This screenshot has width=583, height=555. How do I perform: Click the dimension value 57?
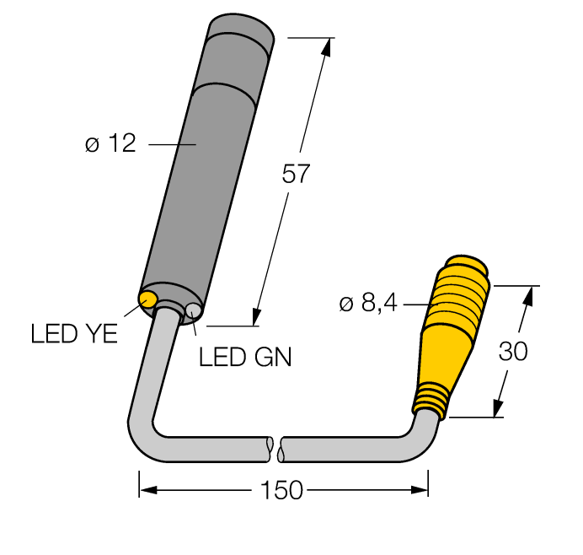point(296,175)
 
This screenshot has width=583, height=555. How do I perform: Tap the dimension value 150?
point(282,491)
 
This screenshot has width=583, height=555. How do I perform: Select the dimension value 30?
point(513,351)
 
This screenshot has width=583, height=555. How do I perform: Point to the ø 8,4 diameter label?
point(367,303)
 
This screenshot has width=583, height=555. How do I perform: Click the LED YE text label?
point(74,334)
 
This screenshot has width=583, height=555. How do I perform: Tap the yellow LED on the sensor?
point(149,299)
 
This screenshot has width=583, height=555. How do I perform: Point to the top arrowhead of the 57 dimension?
point(324,47)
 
